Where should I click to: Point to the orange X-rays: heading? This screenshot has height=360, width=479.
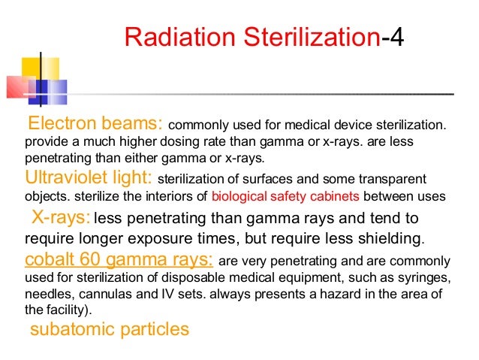point(62,218)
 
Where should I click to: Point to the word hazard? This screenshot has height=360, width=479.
point(345,295)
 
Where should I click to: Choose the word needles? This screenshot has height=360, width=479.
point(46,295)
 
